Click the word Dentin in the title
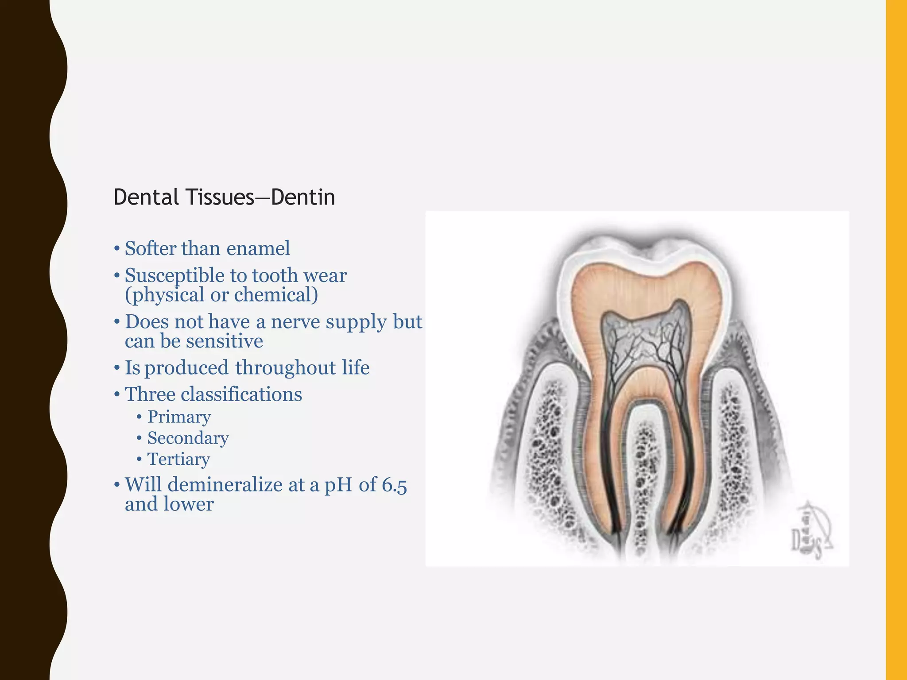pos(303,197)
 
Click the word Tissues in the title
pos(220,197)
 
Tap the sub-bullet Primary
pos(179,417)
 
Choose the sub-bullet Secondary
pos(188,438)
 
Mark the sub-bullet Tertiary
pos(178,460)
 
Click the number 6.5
pos(394,485)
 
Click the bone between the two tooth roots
pos(644,478)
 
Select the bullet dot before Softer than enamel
pos(116,249)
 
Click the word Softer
pos(151,248)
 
